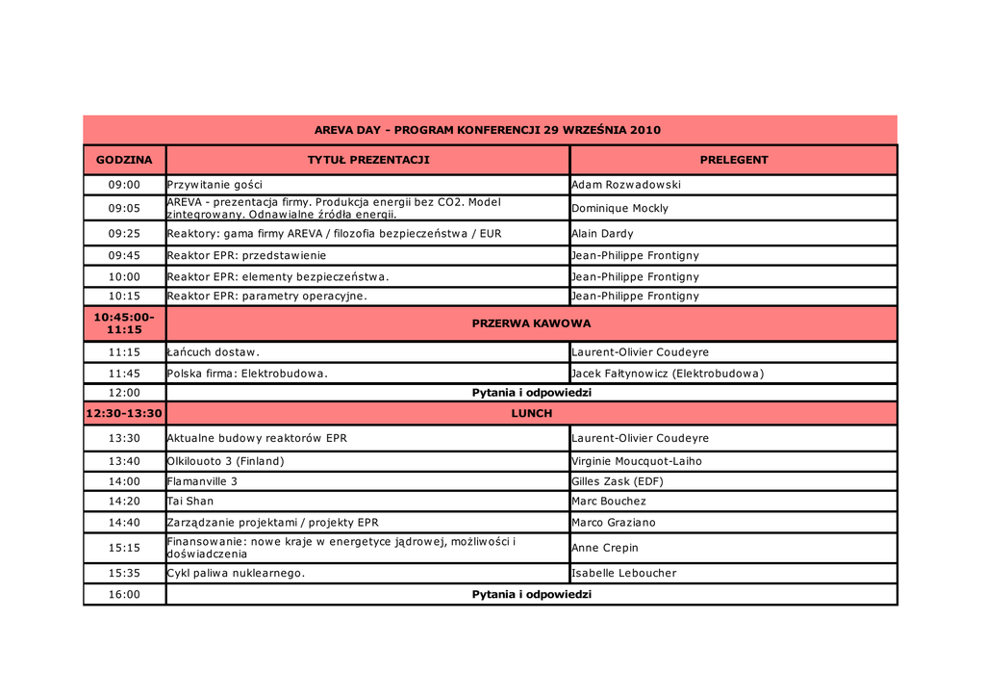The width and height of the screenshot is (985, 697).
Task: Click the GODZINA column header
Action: click(x=124, y=160)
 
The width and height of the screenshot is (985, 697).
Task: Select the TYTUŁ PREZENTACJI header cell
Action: click(x=368, y=160)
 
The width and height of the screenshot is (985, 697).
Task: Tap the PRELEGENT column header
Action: click(x=734, y=160)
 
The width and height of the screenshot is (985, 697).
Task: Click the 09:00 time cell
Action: click(x=124, y=185)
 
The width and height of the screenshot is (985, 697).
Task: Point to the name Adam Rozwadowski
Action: click(x=625, y=185)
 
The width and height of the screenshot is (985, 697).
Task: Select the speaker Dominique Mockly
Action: click(x=619, y=208)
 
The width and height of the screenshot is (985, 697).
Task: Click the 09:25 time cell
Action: click(x=124, y=233)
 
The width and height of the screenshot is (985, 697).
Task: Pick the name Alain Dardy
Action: click(x=602, y=233)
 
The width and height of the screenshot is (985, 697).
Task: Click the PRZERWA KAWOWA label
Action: click(x=531, y=323)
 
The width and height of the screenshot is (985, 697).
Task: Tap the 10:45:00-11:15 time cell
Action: click(x=124, y=323)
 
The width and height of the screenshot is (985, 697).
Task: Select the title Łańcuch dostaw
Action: click(x=214, y=352)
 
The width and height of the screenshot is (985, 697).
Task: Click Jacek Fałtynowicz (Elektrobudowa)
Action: click(x=668, y=374)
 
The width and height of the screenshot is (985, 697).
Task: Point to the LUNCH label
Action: click(x=531, y=413)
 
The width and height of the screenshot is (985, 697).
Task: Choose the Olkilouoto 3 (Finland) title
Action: click(x=226, y=461)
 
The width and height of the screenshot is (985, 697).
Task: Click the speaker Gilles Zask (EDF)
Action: click(x=618, y=481)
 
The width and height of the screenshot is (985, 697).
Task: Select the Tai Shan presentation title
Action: click(x=190, y=501)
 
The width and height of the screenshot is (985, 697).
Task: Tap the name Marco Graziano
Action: click(x=613, y=523)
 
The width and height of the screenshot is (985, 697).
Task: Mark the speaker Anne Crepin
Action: click(x=605, y=548)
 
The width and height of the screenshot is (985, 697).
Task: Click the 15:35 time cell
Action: click(x=124, y=573)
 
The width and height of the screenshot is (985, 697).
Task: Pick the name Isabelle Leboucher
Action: click(x=624, y=573)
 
